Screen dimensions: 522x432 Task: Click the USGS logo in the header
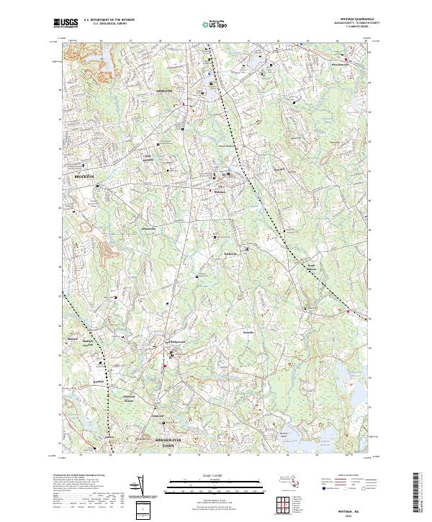[66, 23]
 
